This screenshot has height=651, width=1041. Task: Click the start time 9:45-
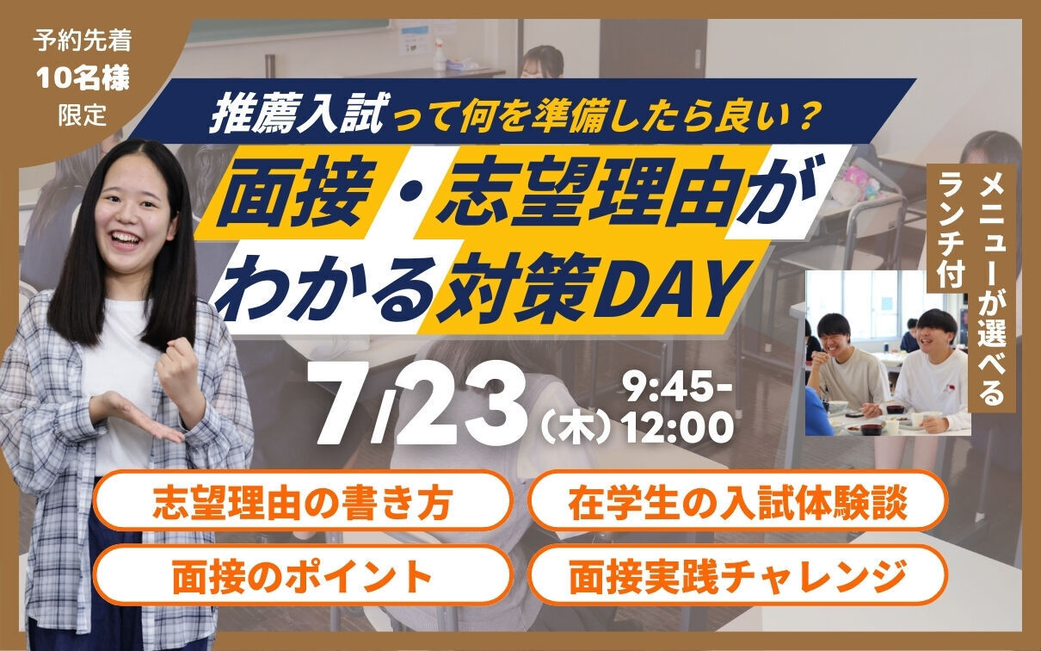tap(679, 389)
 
